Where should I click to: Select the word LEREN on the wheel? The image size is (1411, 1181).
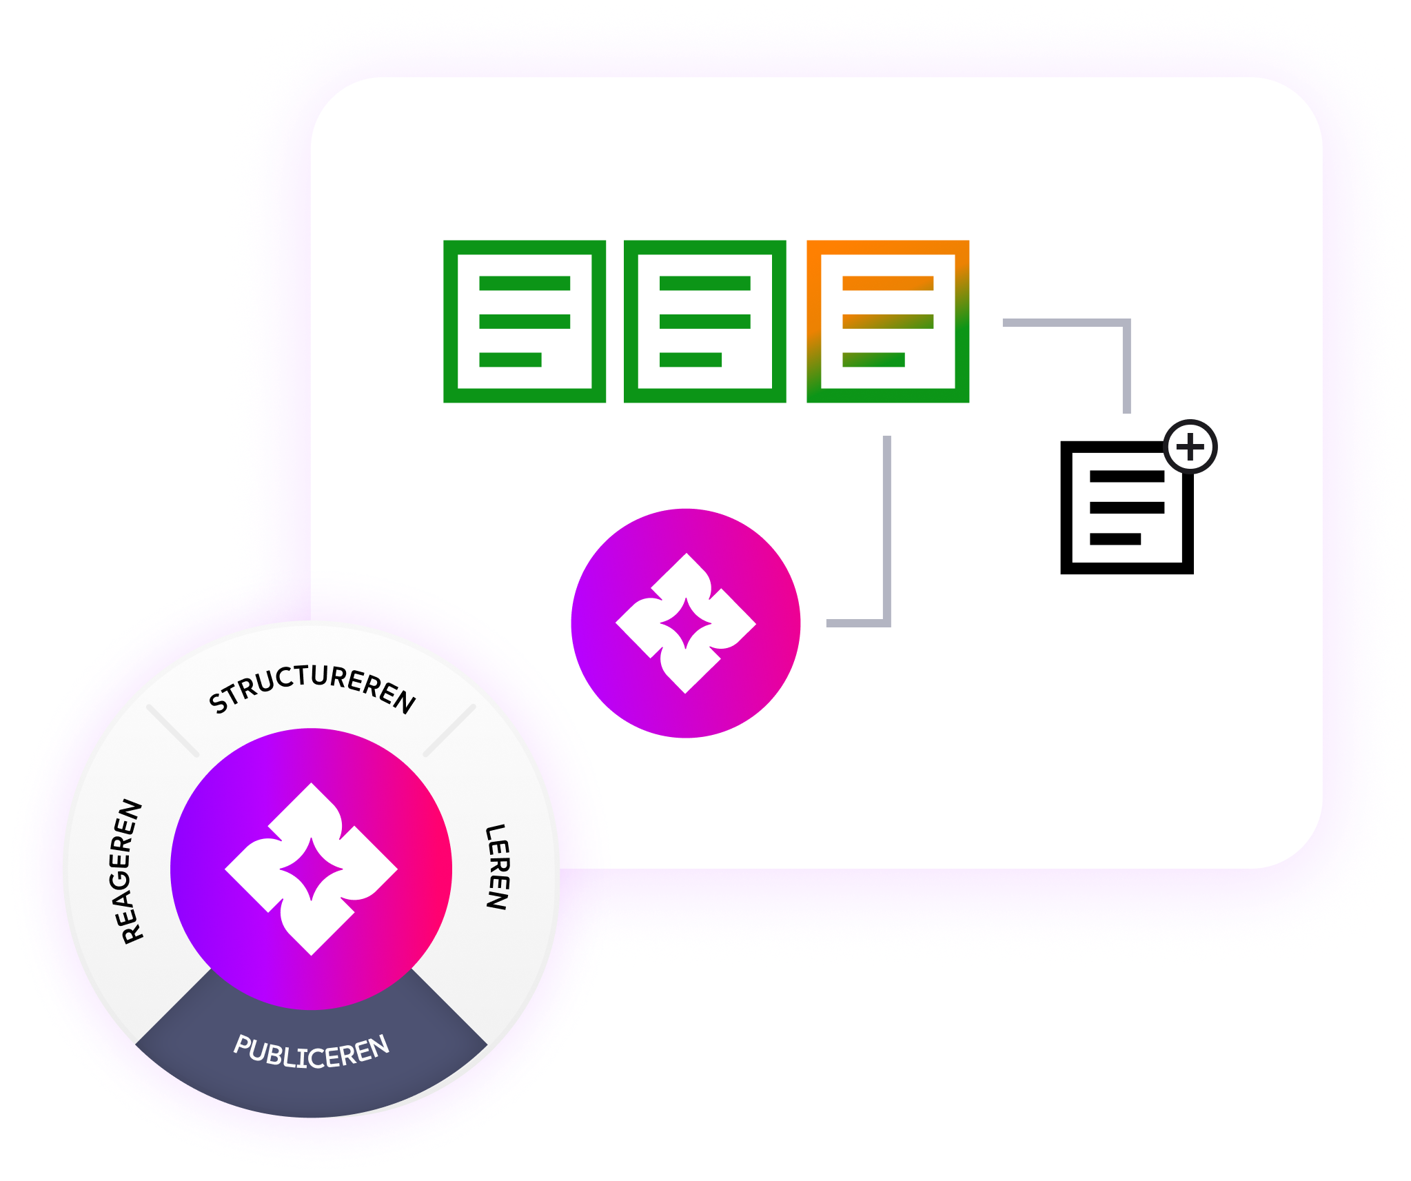497,867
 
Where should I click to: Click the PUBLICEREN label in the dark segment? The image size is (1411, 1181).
312,1051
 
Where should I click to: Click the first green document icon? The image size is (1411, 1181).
525,321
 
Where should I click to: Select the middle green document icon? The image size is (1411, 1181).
704,321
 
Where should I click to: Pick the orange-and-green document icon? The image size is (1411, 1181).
888,321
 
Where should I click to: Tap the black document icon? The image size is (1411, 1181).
1126,508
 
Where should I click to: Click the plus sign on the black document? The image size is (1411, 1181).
1190,447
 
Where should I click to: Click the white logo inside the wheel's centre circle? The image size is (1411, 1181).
312,869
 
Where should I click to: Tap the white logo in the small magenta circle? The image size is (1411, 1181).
686,623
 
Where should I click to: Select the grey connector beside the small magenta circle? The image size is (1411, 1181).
886,552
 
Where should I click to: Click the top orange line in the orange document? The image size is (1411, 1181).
888,283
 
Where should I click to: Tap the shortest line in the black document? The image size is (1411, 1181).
1115,539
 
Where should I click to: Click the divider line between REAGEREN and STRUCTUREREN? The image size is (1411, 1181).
172,730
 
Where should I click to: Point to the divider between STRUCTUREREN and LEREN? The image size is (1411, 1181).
449,730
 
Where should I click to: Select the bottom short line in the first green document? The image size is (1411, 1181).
510,360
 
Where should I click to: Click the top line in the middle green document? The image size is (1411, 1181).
704,283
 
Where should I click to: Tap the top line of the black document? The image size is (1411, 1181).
1126,476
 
